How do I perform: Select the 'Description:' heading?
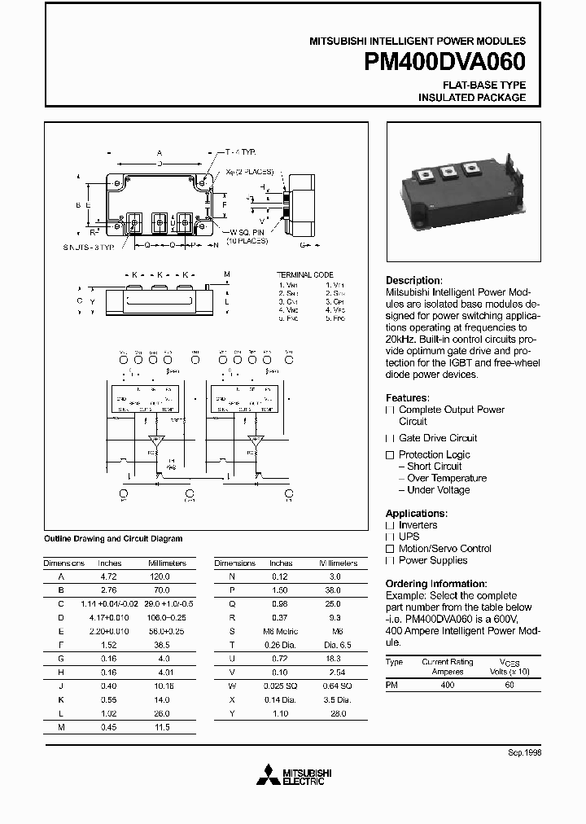tap(413, 280)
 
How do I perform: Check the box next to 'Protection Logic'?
tap(390, 454)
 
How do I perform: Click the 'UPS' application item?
tap(409, 537)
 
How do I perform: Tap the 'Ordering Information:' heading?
tap(435, 584)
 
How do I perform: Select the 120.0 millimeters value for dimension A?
tap(160, 575)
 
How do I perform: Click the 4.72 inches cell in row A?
tap(110, 575)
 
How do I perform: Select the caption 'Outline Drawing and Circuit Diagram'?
tap(112, 539)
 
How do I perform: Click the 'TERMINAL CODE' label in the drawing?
tap(305, 275)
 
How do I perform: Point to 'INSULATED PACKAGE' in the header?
tap(472, 98)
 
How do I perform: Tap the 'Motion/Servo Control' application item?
tap(445, 549)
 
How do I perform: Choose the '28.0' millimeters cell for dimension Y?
tap(338, 714)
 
